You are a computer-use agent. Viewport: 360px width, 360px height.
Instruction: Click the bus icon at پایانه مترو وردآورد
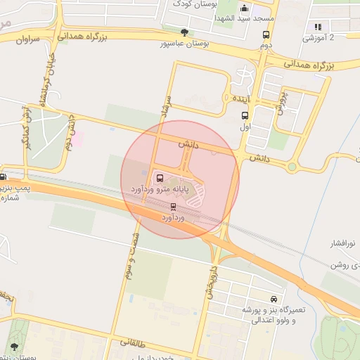point(160,178)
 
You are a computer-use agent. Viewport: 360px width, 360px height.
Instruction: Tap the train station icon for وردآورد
point(173,207)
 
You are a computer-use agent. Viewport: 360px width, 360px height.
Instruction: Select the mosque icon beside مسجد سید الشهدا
point(244,8)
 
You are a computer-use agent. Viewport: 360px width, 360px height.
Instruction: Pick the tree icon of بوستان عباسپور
point(184,32)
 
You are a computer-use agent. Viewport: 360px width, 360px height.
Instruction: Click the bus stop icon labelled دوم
point(266,34)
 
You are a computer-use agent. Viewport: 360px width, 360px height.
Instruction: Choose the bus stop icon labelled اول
point(245,116)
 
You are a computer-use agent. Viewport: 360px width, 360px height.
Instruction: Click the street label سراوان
point(26,40)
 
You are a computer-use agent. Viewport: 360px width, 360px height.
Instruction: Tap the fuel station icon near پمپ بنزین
point(4,176)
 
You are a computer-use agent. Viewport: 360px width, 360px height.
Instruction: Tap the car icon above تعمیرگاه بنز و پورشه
point(274,299)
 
